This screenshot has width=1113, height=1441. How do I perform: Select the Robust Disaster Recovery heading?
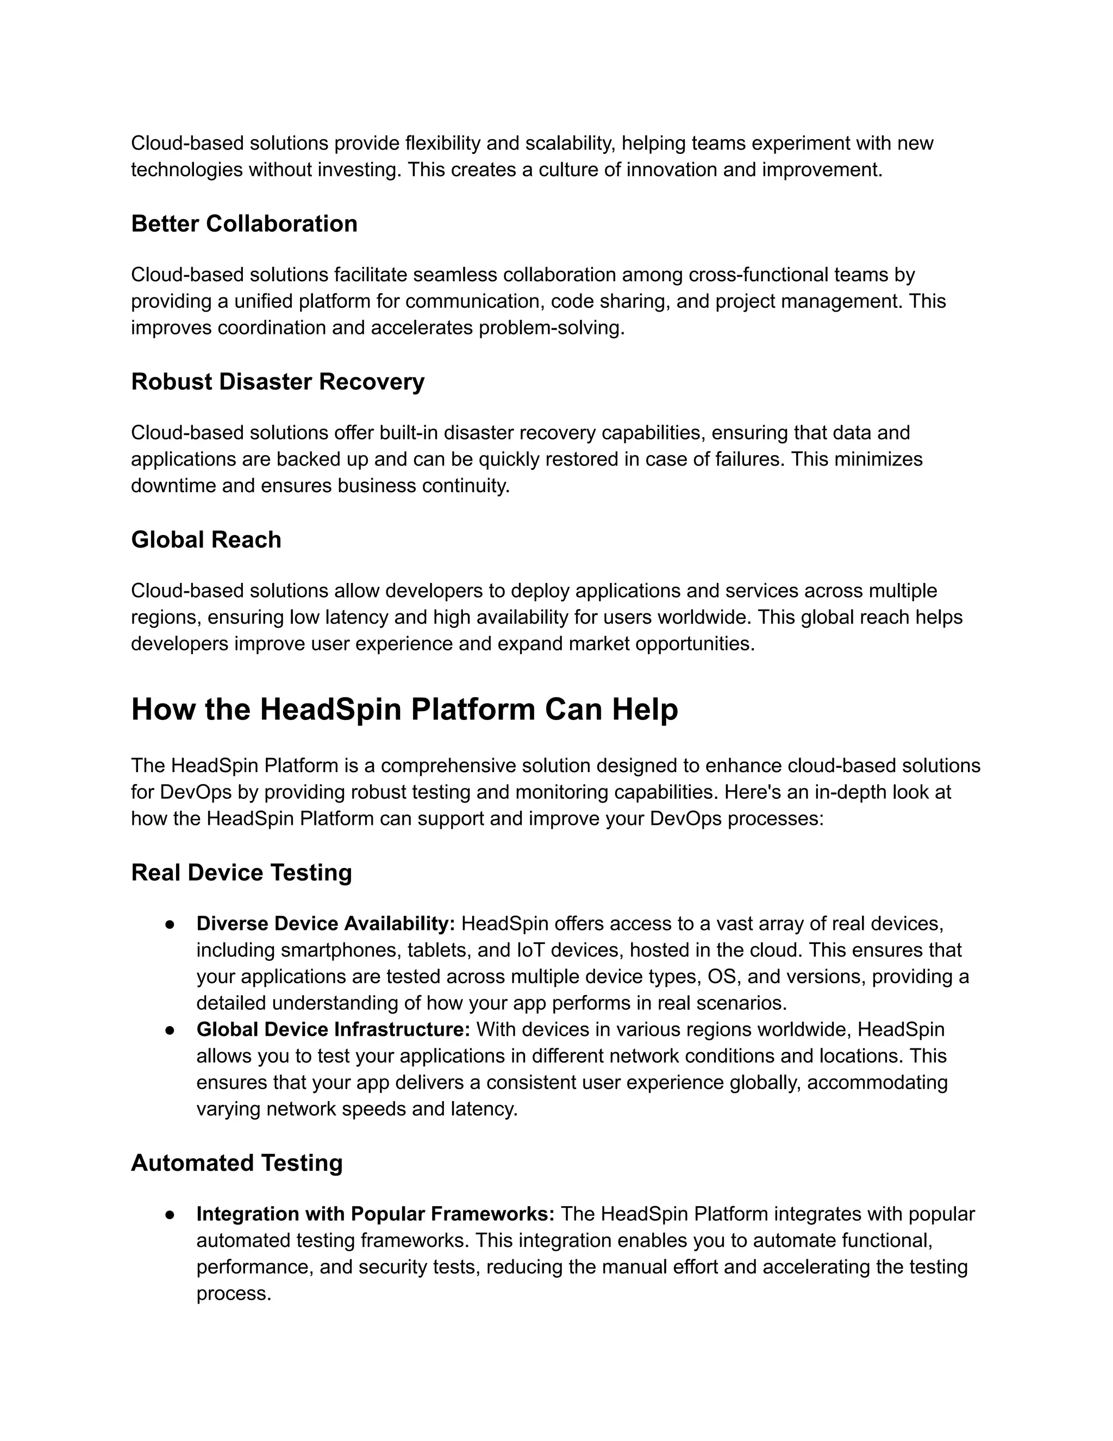(x=278, y=382)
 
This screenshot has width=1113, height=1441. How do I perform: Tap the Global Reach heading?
(x=206, y=540)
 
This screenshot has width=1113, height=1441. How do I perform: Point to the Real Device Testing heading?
(x=241, y=873)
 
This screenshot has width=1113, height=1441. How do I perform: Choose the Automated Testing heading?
(x=237, y=1163)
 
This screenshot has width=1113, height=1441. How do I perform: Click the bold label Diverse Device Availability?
(x=326, y=924)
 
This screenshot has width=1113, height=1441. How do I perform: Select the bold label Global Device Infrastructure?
(x=333, y=1029)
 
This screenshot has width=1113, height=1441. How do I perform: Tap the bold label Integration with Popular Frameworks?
(x=375, y=1214)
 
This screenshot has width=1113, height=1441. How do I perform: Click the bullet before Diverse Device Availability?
(x=170, y=924)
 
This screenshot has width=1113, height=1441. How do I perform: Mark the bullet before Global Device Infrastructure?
(x=170, y=1030)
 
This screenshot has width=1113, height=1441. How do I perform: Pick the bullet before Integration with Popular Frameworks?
(x=170, y=1215)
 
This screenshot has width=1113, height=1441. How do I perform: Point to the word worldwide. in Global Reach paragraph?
(x=708, y=618)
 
